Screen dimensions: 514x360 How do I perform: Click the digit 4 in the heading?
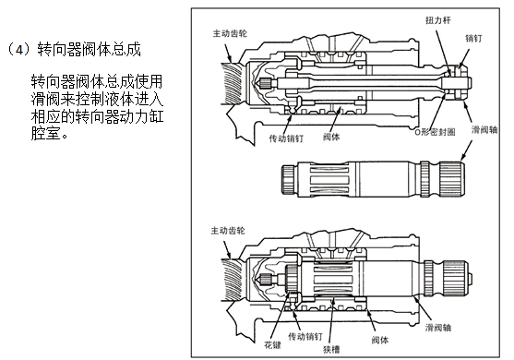[x=20, y=50]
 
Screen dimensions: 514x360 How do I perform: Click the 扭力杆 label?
[x=438, y=20]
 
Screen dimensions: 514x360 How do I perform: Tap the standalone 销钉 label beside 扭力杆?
[x=473, y=39]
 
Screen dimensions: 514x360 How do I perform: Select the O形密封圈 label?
[x=435, y=132]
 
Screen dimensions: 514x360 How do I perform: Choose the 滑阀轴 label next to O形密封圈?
[x=484, y=130]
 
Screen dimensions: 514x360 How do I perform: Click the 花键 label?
[x=273, y=345]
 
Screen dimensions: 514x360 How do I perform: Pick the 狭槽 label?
[x=331, y=350]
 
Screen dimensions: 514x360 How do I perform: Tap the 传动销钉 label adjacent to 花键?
[x=305, y=336]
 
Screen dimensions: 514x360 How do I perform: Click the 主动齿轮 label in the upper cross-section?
[x=230, y=33]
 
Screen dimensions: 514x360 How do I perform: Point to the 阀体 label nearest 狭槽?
[x=380, y=340]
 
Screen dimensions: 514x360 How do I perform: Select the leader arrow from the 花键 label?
[x=281, y=316]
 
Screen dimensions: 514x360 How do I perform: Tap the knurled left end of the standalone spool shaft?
[x=289, y=180]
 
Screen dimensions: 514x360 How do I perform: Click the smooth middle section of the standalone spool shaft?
[x=385, y=179]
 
